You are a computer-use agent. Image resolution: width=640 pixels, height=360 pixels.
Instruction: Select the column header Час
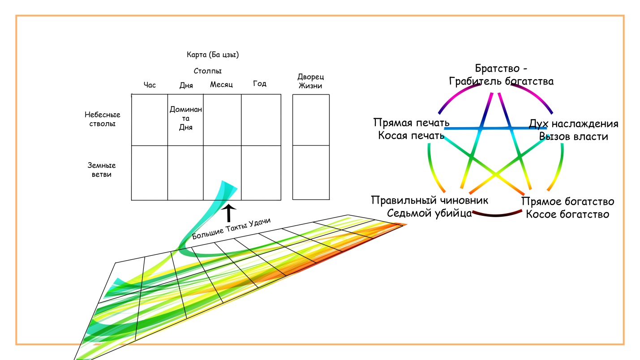[x=150, y=85]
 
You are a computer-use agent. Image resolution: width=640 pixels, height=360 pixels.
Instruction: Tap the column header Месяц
[x=221, y=84]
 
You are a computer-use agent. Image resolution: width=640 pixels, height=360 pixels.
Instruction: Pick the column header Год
[x=260, y=84]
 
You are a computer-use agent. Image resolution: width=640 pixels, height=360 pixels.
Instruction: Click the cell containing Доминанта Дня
[x=186, y=118]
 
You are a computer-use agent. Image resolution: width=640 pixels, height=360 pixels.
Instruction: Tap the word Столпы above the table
[x=208, y=71]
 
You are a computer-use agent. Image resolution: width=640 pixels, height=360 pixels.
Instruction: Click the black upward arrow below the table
[x=229, y=214]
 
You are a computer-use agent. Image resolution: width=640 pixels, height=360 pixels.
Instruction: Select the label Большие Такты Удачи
[x=232, y=228]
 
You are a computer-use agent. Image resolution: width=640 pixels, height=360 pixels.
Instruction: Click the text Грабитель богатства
[x=501, y=81]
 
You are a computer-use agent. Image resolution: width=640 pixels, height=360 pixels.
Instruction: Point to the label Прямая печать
[x=411, y=123]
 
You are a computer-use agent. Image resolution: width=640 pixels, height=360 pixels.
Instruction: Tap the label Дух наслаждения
[x=574, y=124]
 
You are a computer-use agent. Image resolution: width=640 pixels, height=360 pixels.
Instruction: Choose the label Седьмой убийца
[x=430, y=213]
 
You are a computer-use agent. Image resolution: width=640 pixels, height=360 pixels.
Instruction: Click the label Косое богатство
[x=567, y=214]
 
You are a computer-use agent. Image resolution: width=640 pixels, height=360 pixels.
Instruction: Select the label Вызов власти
[x=574, y=136]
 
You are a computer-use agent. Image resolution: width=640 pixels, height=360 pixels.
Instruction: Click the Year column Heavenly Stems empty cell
[x=261, y=120]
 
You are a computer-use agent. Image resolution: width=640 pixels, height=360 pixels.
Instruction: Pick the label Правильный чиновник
[x=430, y=200]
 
